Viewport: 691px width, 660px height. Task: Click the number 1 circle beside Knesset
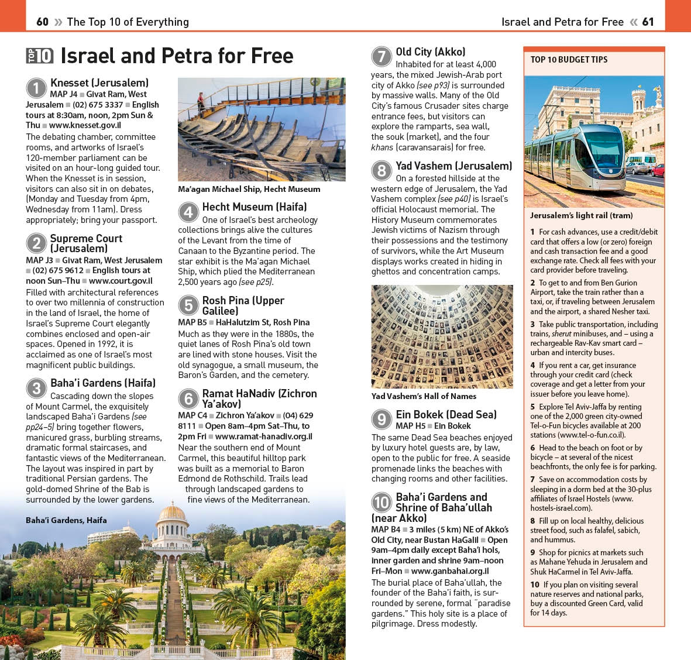tap(36, 88)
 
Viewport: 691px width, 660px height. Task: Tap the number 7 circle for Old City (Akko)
tap(381, 57)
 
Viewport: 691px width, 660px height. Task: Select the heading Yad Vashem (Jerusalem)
tap(453, 166)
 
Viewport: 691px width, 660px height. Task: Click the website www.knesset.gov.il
tap(85, 125)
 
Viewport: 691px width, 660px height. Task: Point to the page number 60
tap(42, 22)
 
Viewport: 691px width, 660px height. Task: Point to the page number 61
tap(648, 22)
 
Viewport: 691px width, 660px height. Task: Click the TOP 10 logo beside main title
tap(40, 56)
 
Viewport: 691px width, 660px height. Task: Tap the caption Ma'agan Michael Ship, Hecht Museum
tap(249, 189)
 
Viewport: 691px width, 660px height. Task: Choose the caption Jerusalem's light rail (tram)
tap(581, 215)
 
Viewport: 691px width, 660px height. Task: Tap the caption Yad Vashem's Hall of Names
tap(424, 396)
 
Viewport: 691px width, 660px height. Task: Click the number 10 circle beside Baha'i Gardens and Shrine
tap(381, 503)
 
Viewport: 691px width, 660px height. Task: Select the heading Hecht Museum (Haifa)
tap(254, 207)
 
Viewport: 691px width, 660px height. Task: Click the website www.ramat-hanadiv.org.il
tap(263, 436)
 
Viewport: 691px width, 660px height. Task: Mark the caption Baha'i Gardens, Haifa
tap(66, 520)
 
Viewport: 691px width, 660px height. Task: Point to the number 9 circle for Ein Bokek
tap(381, 420)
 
